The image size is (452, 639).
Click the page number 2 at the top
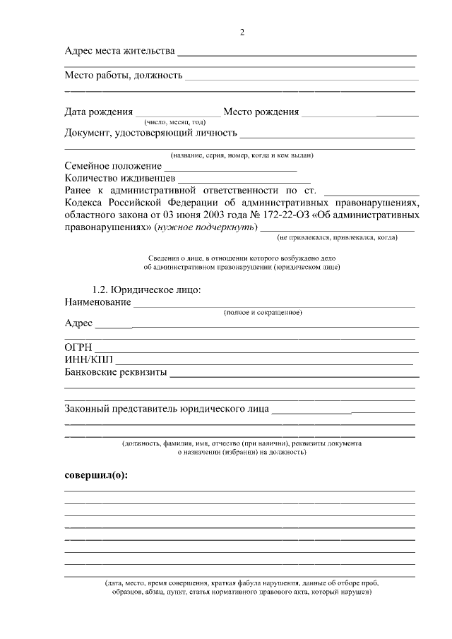point(242,32)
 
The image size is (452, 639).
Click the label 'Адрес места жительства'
point(119,52)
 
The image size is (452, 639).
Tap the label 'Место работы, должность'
point(124,75)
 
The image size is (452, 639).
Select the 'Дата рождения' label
point(98,112)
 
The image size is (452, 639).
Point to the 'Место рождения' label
point(261,112)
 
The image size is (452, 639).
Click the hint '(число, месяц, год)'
point(175,122)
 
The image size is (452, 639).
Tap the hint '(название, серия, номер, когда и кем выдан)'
point(242,155)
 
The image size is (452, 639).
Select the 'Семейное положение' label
point(112,166)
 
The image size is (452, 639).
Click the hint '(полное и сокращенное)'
point(263,312)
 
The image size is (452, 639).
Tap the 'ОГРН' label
point(78,348)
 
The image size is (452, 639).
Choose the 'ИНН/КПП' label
point(83,361)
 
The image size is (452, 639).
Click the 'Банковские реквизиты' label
point(115,373)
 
